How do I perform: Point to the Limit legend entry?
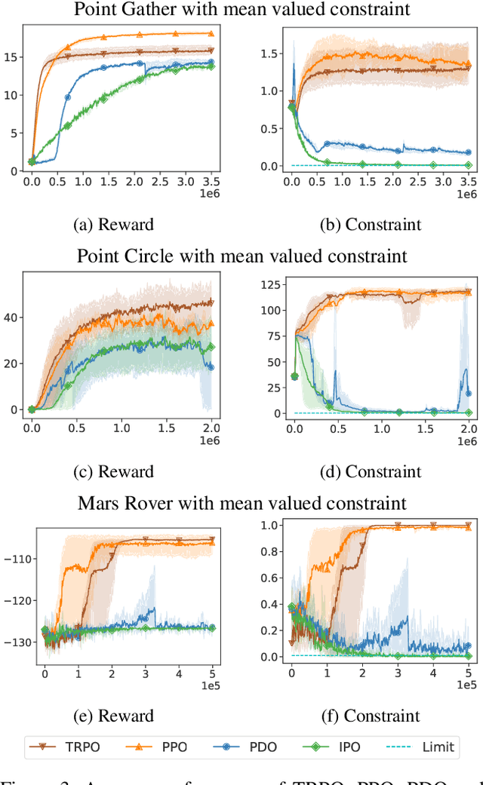click(423, 747)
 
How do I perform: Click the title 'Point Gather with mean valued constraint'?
click(241, 10)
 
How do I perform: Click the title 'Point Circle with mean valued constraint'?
click(241, 256)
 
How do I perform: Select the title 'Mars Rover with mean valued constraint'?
click(241, 502)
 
